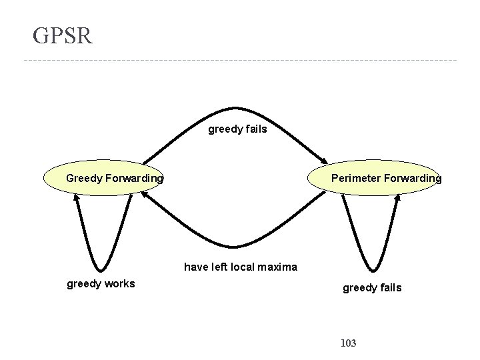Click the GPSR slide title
(63, 35)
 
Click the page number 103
(348, 343)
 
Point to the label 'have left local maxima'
(240, 267)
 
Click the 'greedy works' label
(101, 284)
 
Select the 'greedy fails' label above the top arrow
(237, 129)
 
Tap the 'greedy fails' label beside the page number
(372, 288)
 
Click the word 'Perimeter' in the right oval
(354, 179)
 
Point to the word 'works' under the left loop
(119, 284)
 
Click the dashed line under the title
(240, 61)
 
